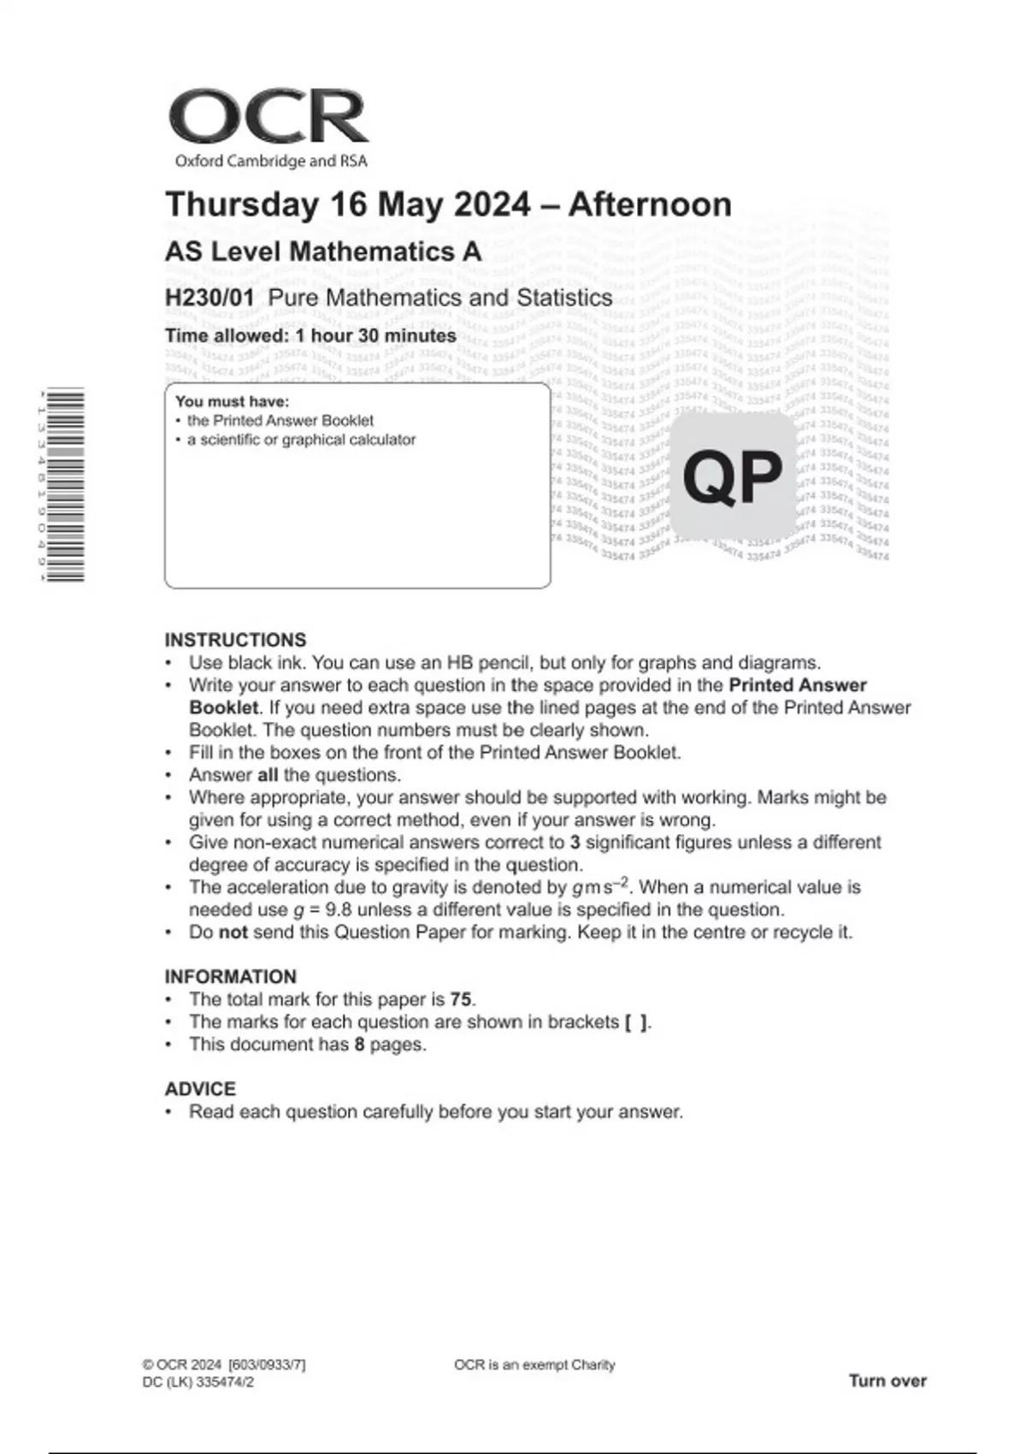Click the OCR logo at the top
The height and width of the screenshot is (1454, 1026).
pyautogui.click(x=268, y=117)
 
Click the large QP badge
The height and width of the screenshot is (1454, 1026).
pyautogui.click(x=733, y=476)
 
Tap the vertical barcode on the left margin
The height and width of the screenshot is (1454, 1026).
pyautogui.click(x=67, y=485)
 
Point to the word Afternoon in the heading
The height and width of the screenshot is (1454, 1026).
pyautogui.click(x=650, y=205)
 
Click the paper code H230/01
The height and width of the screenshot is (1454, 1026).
pyautogui.click(x=209, y=298)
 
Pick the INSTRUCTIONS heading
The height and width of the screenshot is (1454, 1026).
pyautogui.click(x=235, y=640)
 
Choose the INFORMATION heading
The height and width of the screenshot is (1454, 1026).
pyautogui.click(x=231, y=977)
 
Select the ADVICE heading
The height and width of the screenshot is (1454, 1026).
pyautogui.click(x=200, y=1089)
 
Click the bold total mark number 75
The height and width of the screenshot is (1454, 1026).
pyautogui.click(x=461, y=999)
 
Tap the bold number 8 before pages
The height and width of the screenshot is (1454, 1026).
pyautogui.click(x=359, y=1044)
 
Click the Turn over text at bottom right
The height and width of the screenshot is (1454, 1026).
pyautogui.click(x=887, y=1380)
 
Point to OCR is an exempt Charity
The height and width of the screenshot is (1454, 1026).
pyautogui.click(x=534, y=1365)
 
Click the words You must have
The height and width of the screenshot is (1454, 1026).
pyautogui.click(x=232, y=401)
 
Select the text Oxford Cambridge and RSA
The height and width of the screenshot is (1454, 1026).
pyautogui.click(x=270, y=161)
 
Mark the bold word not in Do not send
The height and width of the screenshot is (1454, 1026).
pyautogui.click(x=233, y=932)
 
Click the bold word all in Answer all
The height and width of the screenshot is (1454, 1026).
pyautogui.click(x=268, y=775)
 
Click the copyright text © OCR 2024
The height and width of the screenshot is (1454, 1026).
pyautogui.click(x=182, y=1365)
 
